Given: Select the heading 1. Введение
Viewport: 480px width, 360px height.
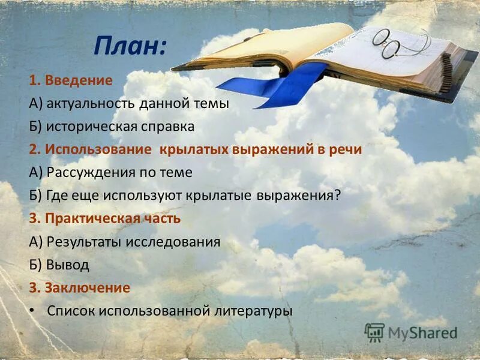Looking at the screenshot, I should pyautogui.click(x=70, y=80).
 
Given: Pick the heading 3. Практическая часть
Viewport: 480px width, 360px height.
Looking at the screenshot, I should pyautogui.click(x=104, y=218).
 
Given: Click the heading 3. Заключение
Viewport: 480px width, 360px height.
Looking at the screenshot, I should pyautogui.click(x=79, y=288).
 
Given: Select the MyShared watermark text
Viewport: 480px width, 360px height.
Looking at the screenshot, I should pyautogui.click(x=422, y=332).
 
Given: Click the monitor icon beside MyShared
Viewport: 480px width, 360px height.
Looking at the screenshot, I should pyautogui.click(x=374, y=332).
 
